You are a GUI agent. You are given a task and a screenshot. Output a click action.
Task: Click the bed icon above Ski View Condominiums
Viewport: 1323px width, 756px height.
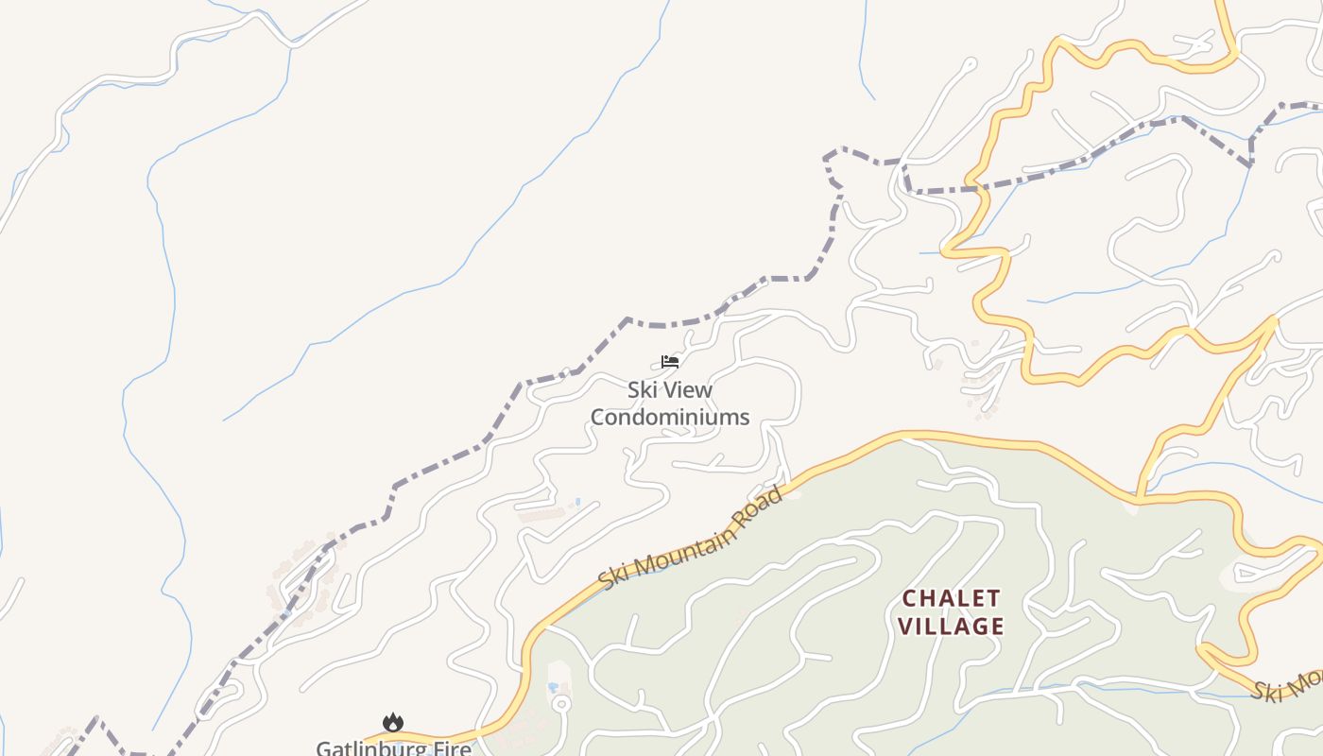tap(670, 361)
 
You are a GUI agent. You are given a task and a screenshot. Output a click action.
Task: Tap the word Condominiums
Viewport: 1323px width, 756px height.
tap(670, 417)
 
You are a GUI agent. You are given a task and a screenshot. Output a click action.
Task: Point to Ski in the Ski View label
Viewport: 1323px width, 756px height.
tap(643, 389)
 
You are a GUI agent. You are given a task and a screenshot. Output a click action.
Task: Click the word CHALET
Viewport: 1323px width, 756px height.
tap(951, 598)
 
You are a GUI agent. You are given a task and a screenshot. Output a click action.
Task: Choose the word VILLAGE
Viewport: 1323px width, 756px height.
tap(951, 626)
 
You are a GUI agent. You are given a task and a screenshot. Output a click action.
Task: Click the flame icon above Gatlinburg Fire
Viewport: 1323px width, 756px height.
tap(392, 723)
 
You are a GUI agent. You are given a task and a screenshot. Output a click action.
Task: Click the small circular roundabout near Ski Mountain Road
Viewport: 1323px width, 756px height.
tap(560, 704)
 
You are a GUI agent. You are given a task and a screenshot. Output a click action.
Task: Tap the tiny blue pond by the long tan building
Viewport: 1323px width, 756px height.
tap(577, 502)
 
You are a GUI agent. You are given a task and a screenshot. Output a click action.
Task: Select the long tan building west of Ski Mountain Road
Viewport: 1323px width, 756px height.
tap(541, 515)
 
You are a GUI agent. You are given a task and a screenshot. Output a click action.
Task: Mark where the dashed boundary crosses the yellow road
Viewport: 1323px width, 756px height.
tap(979, 189)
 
